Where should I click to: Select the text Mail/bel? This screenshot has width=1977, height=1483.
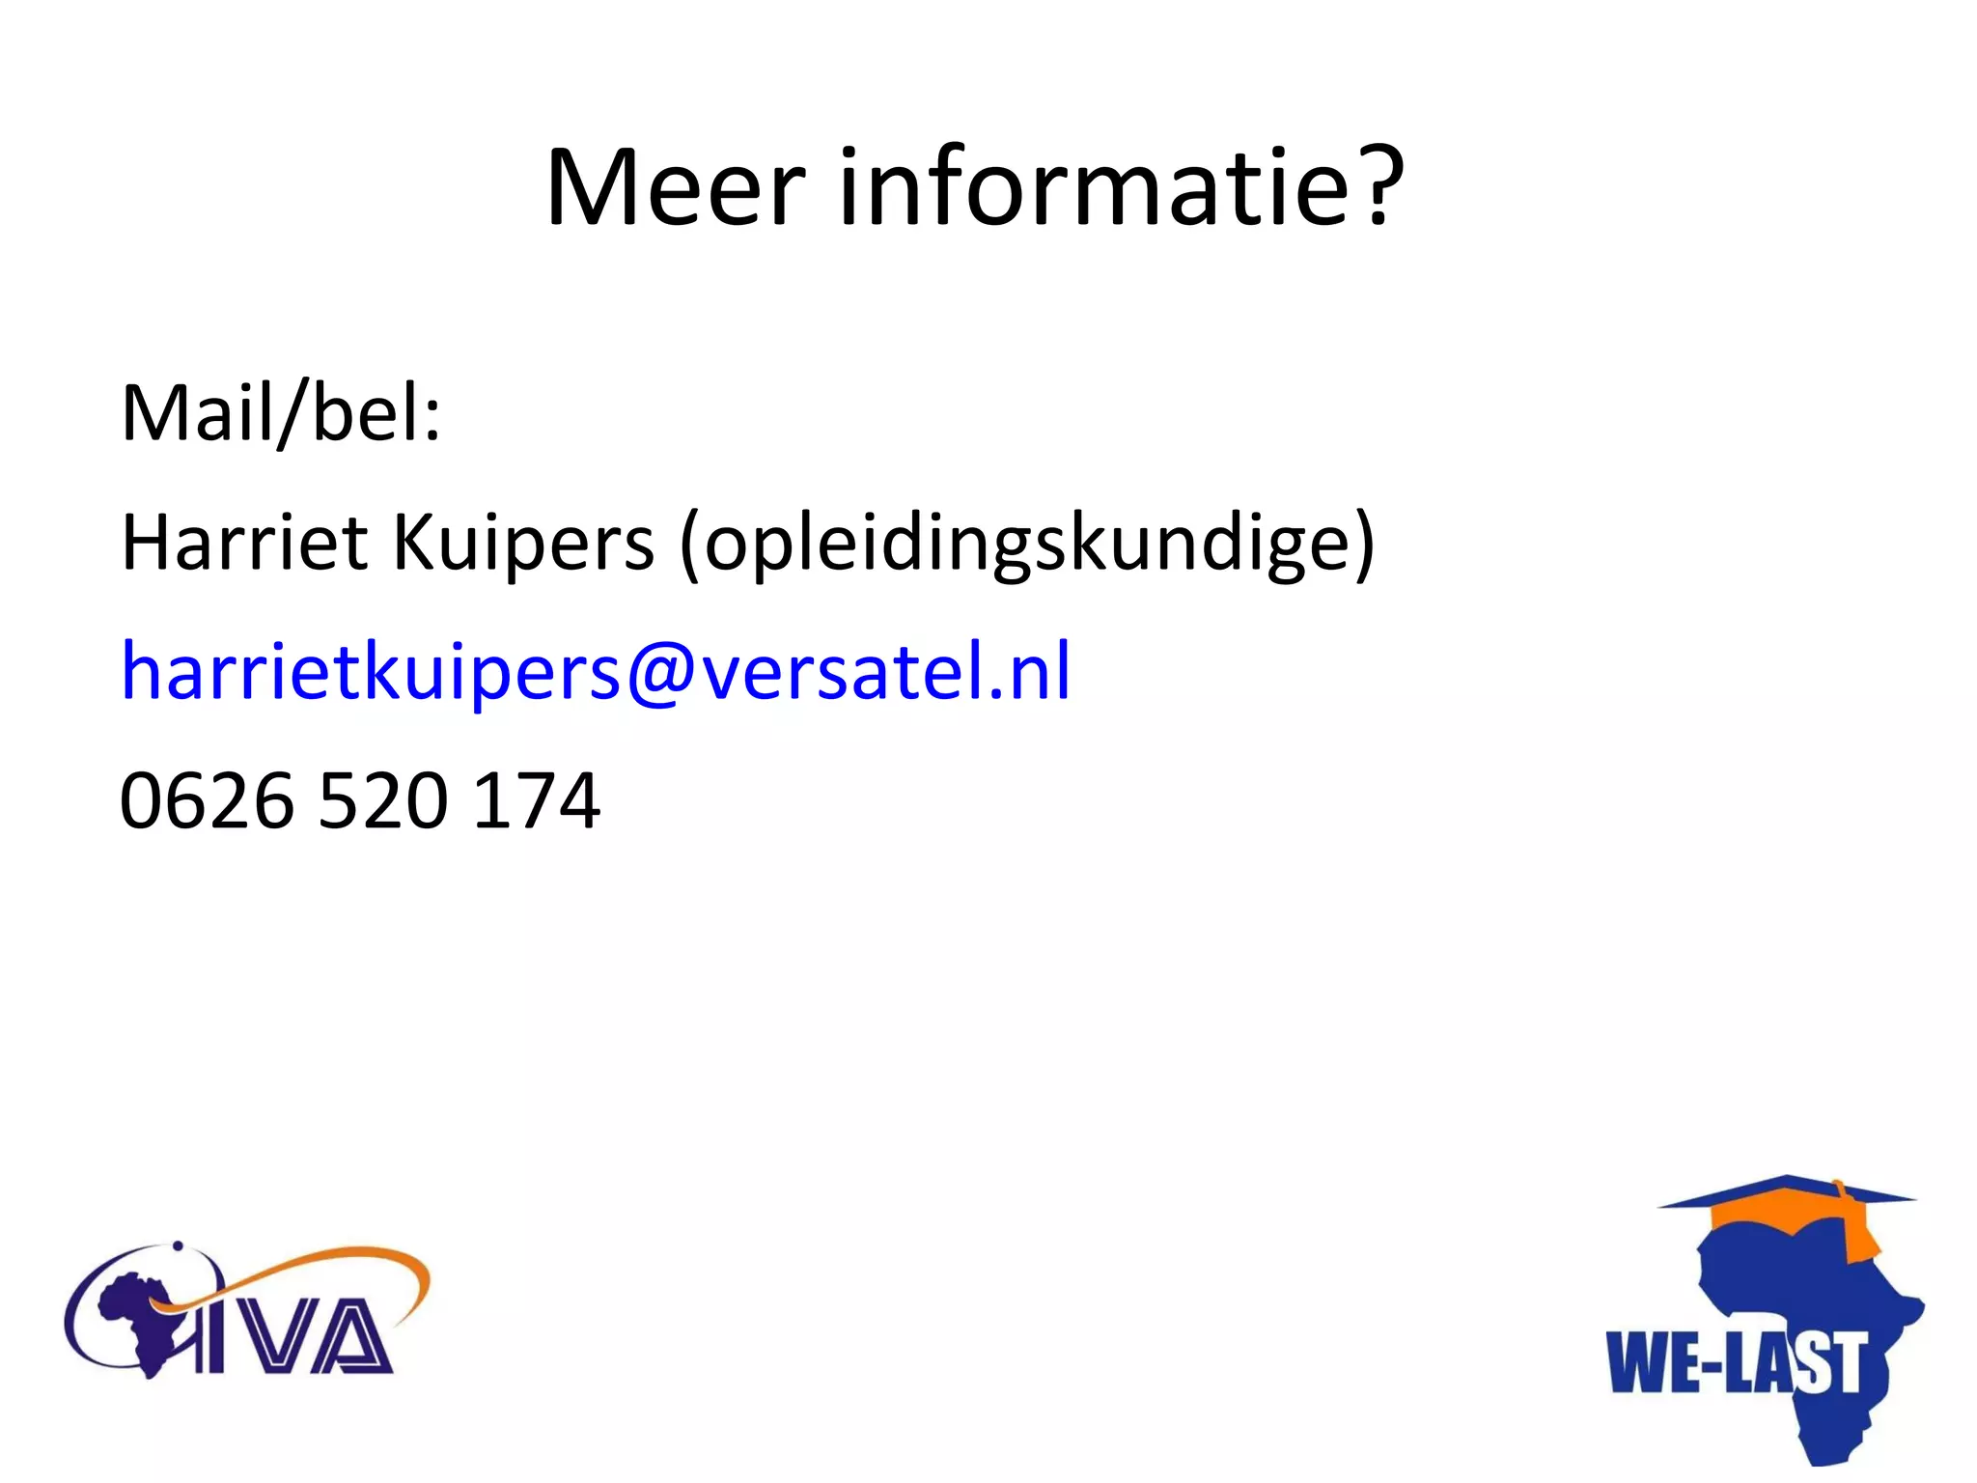281,413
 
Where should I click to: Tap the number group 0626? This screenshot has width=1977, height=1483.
206,800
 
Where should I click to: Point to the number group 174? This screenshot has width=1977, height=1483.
537,800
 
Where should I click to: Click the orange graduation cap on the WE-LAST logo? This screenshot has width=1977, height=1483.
1786,1207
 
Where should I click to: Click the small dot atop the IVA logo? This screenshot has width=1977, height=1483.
178,1245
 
